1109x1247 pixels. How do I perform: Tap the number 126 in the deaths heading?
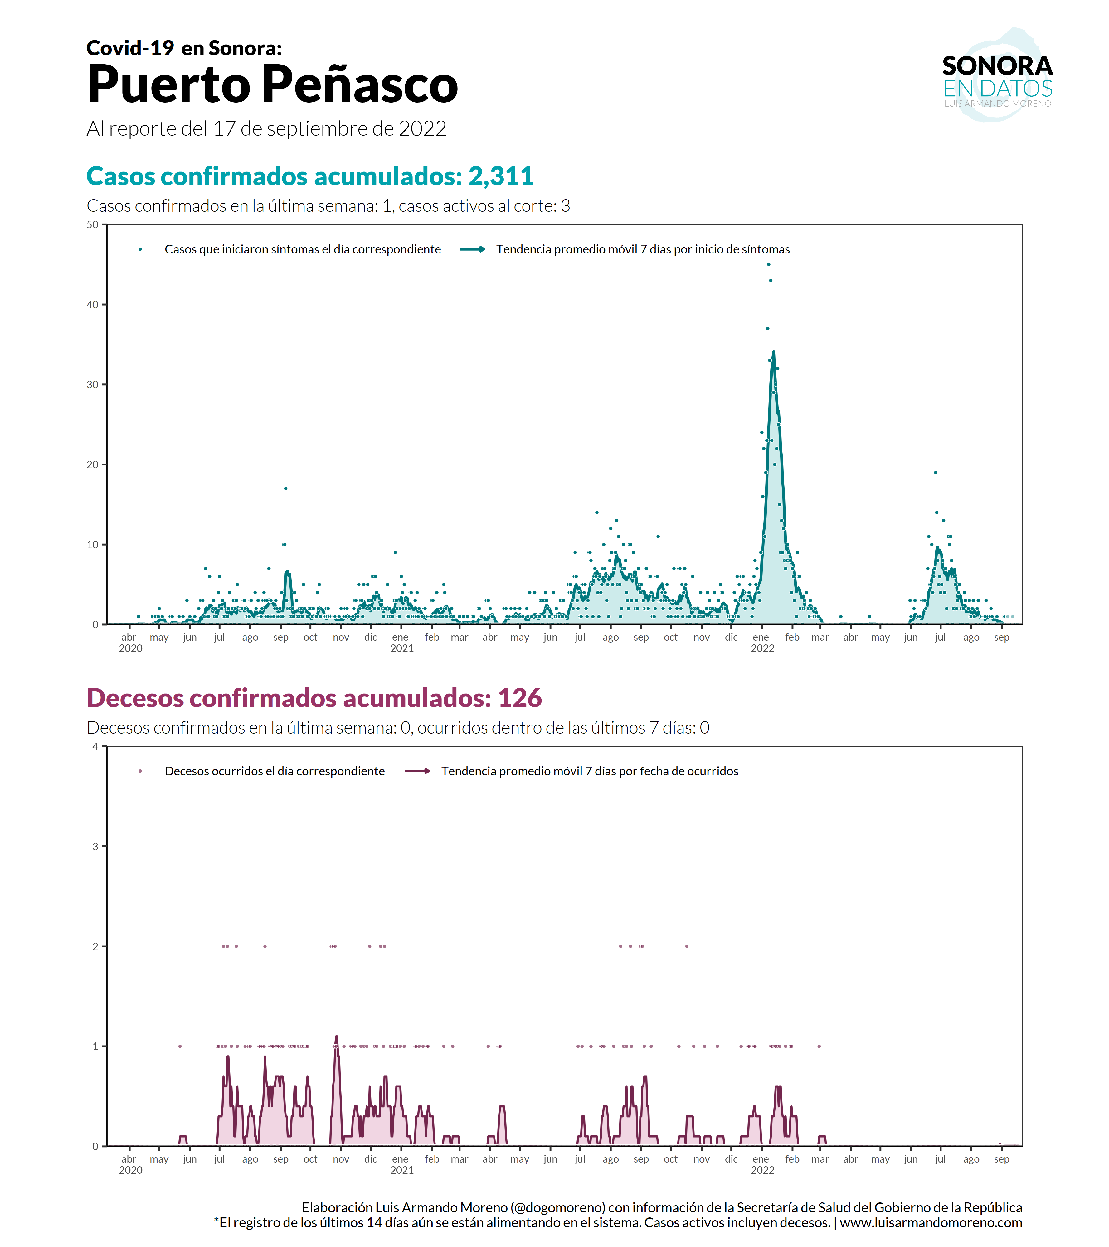coord(519,698)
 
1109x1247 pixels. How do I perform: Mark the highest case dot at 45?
coord(768,264)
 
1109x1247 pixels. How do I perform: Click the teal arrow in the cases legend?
coord(472,249)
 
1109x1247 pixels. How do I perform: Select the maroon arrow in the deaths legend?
coord(417,771)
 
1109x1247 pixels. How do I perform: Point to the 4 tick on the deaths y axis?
coord(95,746)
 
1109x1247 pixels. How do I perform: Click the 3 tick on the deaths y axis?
coord(95,846)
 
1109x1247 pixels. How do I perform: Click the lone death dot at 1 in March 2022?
coord(819,1046)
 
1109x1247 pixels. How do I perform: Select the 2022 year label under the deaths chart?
coord(762,1170)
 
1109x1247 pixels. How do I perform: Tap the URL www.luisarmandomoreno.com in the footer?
coord(931,1223)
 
